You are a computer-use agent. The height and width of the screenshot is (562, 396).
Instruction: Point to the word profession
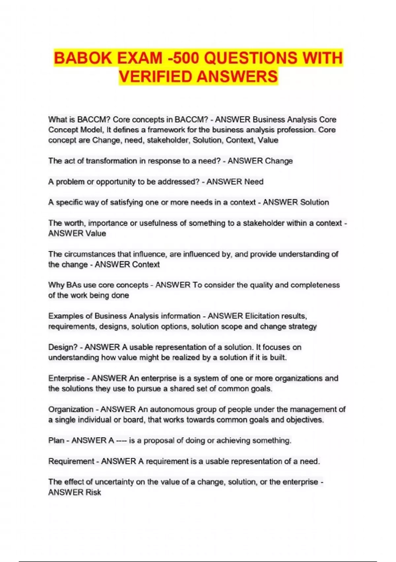(x=296, y=130)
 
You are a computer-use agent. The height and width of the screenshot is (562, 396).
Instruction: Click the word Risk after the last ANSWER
(x=93, y=492)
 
